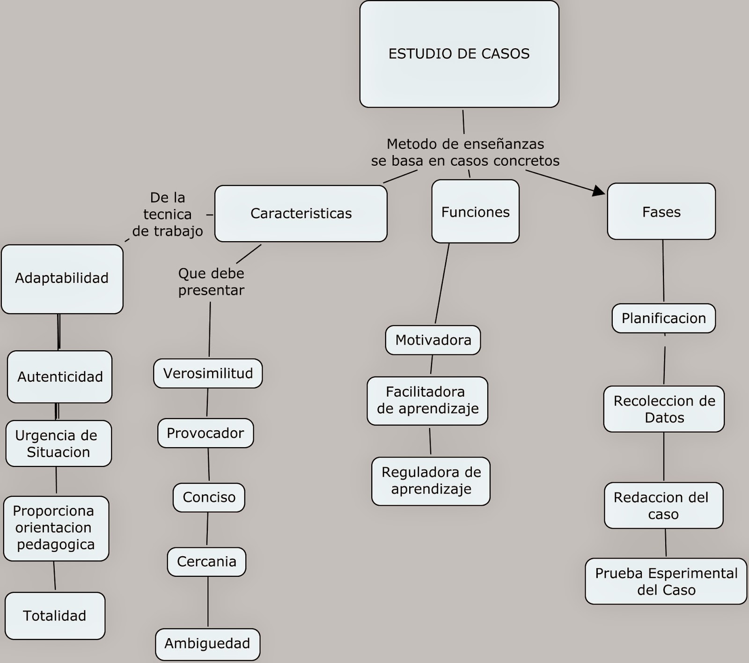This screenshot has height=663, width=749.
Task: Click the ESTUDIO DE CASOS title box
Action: tap(459, 54)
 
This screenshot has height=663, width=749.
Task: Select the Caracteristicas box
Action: tap(301, 214)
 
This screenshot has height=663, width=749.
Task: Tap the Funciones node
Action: tap(475, 212)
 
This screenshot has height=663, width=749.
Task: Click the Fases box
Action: tap(661, 212)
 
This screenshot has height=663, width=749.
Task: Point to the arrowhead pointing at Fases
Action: tap(599, 191)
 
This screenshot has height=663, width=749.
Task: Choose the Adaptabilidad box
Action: tap(62, 279)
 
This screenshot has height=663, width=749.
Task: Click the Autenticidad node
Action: tap(59, 376)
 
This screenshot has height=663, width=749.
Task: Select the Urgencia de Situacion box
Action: tap(59, 443)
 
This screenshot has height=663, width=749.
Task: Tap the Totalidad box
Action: tap(54, 615)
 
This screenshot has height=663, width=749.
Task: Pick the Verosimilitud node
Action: tap(208, 373)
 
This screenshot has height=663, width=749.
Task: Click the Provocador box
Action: tap(206, 433)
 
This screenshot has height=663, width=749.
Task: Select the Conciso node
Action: tap(209, 497)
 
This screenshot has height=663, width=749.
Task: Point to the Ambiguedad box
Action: tap(207, 644)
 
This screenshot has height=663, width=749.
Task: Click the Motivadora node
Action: tap(433, 340)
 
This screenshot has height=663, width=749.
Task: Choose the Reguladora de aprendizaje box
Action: tap(431, 481)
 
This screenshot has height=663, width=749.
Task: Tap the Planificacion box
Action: tap(663, 318)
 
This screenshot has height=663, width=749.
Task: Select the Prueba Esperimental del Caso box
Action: tap(666, 581)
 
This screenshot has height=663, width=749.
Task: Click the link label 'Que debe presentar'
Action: tap(211, 282)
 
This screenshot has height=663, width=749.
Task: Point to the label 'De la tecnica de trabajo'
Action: tap(168, 214)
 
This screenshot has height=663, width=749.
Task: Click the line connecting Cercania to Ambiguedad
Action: tap(208, 602)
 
